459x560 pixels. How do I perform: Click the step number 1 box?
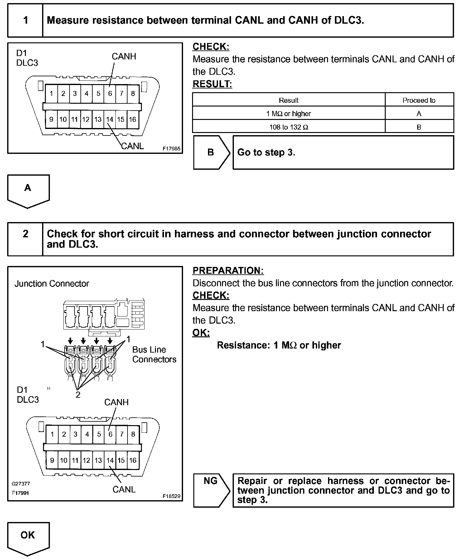25,21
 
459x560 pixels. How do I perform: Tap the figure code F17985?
171,149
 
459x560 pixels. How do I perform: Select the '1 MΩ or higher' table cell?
288,114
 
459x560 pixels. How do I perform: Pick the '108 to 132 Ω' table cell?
288,127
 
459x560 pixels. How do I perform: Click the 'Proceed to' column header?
419,100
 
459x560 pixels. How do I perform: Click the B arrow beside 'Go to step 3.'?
211,152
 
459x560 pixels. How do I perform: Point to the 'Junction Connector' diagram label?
52,284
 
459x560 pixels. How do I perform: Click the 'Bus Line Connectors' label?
154,354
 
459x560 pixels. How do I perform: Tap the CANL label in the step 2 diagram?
124,490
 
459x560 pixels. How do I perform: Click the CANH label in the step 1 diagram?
124,56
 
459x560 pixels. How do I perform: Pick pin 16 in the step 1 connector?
133,120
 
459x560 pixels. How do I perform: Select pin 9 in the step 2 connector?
52,460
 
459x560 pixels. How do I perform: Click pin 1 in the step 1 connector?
51,93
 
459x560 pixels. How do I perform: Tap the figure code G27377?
21,484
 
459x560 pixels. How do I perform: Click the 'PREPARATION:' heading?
228,271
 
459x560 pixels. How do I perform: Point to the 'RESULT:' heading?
212,84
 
